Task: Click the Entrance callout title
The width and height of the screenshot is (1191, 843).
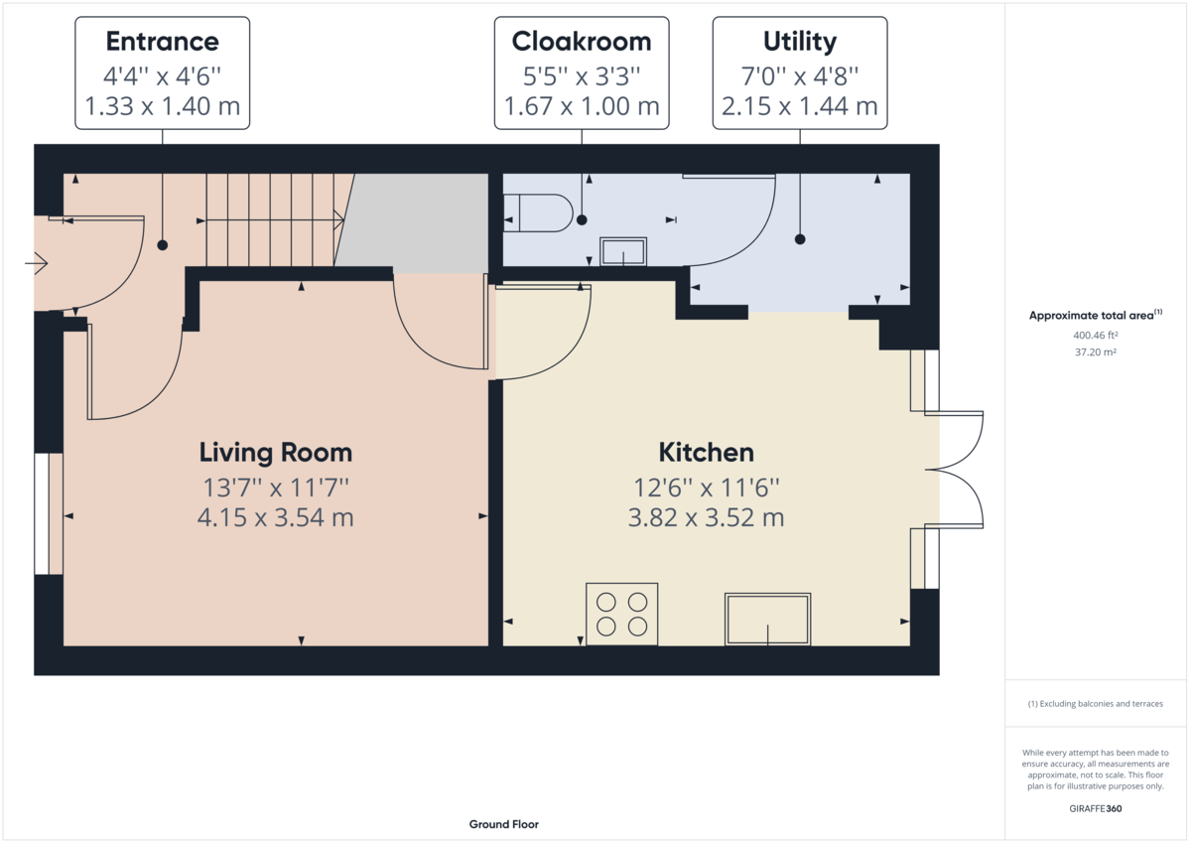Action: pyautogui.click(x=162, y=42)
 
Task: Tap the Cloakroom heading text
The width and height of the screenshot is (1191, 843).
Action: pyautogui.click(x=582, y=42)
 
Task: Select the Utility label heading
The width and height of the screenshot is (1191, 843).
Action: pyautogui.click(x=799, y=42)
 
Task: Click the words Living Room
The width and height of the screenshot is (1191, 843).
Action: pyautogui.click(x=276, y=453)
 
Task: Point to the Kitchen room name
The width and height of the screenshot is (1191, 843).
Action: pyautogui.click(x=706, y=453)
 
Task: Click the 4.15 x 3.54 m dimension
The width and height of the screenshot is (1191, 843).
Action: pyautogui.click(x=276, y=517)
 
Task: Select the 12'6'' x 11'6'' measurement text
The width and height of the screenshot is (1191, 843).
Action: pyautogui.click(x=706, y=488)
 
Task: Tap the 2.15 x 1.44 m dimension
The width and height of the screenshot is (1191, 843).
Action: pyautogui.click(x=799, y=106)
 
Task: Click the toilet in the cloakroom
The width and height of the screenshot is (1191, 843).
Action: pyautogui.click(x=538, y=212)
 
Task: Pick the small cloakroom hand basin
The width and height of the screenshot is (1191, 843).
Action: pyautogui.click(x=623, y=251)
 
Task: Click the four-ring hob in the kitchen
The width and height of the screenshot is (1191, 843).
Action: pyautogui.click(x=622, y=614)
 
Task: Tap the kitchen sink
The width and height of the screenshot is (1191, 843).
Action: pyautogui.click(x=767, y=618)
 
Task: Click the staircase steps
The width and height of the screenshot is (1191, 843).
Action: pyautogui.click(x=273, y=219)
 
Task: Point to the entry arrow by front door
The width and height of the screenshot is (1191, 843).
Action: pyautogui.click(x=38, y=263)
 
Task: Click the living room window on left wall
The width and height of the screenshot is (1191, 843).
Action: pyautogui.click(x=43, y=513)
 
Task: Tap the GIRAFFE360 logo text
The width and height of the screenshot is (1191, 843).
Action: pyautogui.click(x=1096, y=808)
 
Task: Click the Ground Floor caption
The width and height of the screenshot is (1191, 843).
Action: pyautogui.click(x=503, y=824)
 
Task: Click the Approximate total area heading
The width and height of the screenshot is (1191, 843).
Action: pyautogui.click(x=1095, y=316)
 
